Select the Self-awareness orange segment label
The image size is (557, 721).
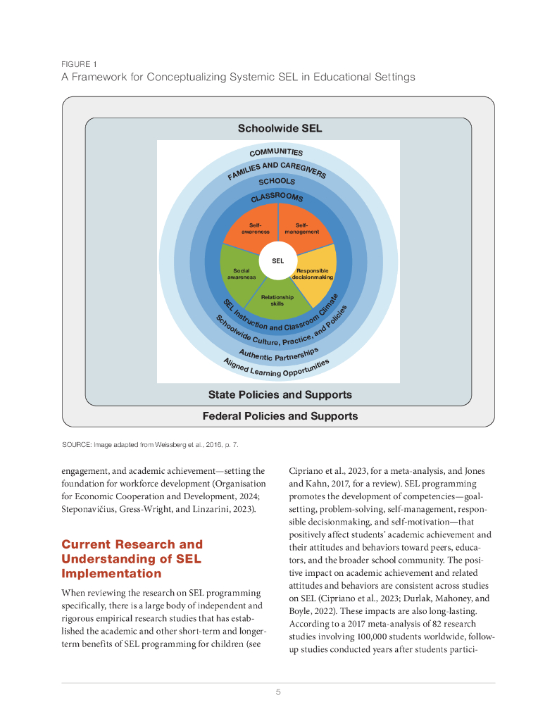[x=255, y=228]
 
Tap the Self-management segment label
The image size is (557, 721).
[x=301, y=228]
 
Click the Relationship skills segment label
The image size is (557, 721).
[x=277, y=300]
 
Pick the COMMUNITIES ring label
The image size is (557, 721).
[x=276, y=152]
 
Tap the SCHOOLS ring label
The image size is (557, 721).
[x=277, y=181]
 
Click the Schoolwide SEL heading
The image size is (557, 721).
[x=280, y=129]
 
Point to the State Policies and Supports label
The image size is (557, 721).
[x=280, y=394]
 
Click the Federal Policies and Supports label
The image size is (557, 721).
[x=280, y=416]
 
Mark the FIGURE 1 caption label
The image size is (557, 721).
[x=80, y=64]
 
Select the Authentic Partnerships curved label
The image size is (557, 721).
[x=279, y=353]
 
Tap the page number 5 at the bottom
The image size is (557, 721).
[x=278, y=692]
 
